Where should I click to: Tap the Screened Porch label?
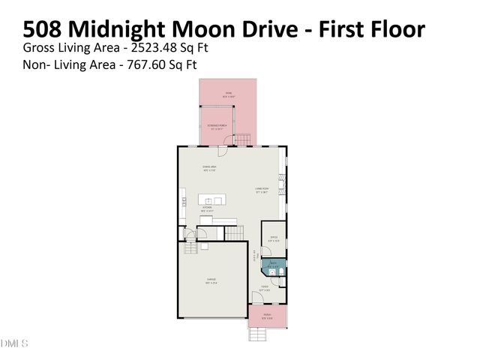coord(217,126)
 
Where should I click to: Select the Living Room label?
coord(262,190)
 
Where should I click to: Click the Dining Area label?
coord(209,169)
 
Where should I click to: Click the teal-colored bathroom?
coord(273,264)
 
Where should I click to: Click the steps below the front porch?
coord(256,333)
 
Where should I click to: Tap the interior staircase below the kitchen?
coord(235,234)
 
